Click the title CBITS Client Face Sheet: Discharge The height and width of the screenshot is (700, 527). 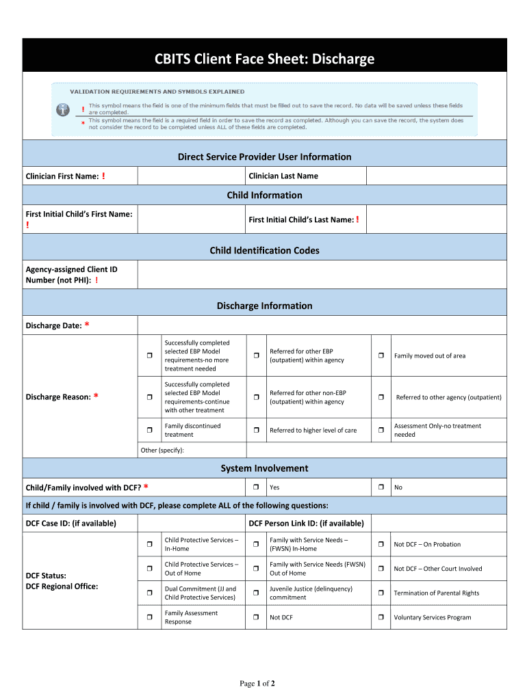pos(264,59)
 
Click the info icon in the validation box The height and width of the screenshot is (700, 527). pos(63,109)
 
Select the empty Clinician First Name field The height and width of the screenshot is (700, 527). pos(191,176)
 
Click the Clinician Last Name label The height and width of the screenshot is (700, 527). pos(283,176)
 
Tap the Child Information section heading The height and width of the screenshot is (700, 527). pos(264,196)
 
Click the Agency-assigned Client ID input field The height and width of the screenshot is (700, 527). pos(322,275)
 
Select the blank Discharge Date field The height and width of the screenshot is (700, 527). pos(322,325)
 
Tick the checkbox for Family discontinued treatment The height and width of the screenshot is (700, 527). pos(149,431)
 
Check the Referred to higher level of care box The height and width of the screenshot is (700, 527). pos(255,431)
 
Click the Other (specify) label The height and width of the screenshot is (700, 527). pos(162,450)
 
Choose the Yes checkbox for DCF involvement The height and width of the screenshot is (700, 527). pos(255,487)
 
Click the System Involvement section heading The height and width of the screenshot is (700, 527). pos(264,468)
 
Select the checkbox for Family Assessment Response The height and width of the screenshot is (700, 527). pos(149,618)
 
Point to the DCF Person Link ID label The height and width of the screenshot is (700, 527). pos(306,524)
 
